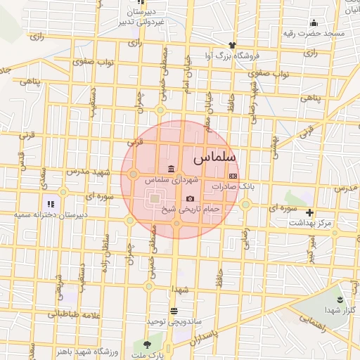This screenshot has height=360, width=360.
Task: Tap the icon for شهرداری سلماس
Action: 172,168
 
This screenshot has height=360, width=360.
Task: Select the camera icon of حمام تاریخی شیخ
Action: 190,199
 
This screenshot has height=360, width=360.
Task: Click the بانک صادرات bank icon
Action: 233,176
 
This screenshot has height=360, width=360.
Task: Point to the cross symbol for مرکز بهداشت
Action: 309,212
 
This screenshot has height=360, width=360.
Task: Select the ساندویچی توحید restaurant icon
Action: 174,311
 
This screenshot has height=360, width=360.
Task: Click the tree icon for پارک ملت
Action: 147,345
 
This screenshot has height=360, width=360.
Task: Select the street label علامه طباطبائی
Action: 73,314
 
